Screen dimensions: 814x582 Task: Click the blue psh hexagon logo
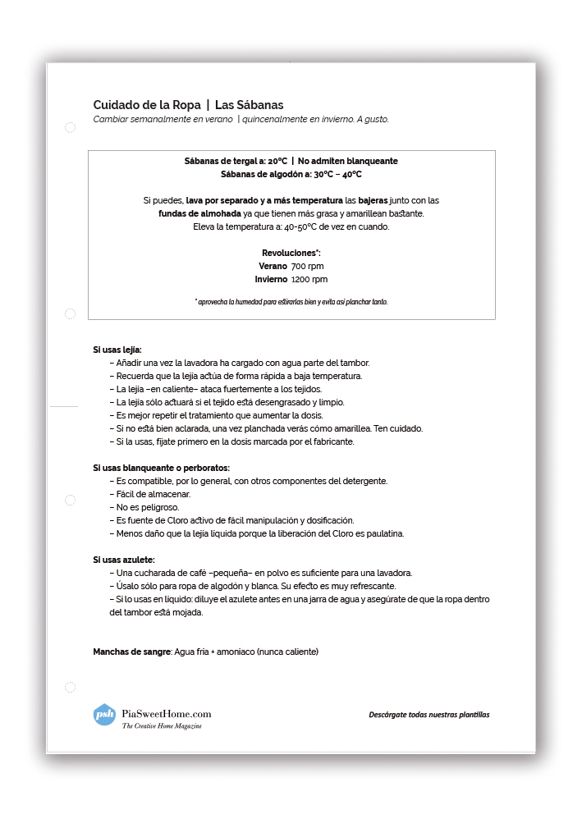[x=104, y=715]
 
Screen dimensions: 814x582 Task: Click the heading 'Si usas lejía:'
[x=117, y=350]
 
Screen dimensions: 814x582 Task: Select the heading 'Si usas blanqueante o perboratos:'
[x=161, y=468]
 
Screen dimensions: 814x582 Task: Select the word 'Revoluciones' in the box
[x=290, y=253]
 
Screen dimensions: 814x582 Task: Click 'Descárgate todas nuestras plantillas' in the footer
[x=428, y=715]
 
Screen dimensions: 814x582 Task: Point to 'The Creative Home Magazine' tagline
[x=162, y=726]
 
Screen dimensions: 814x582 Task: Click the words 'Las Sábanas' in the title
[x=249, y=104]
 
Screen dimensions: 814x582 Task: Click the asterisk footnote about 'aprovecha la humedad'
[x=291, y=302]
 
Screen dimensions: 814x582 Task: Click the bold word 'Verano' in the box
[x=273, y=267]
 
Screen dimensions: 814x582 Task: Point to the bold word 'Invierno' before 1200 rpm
[x=271, y=279]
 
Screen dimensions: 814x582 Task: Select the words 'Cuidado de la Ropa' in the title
[x=146, y=104]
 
